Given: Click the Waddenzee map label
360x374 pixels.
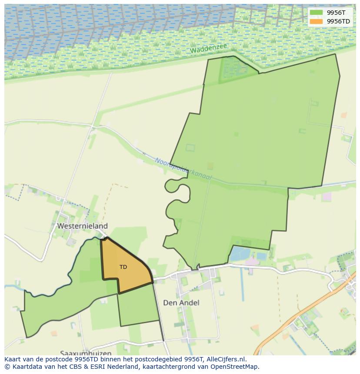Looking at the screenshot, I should click(x=209, y=48).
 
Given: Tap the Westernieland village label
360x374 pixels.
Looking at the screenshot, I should click(x=82, y=226).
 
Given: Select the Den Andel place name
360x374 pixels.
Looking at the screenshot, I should click(x=181, y=302).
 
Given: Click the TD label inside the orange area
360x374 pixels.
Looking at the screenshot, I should click(x=123, y=267).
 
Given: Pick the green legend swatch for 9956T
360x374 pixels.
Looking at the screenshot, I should click(x=316, y=13).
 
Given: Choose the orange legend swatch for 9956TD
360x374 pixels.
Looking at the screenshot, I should click(x=316, y=21).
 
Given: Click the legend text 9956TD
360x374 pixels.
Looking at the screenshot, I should click(x=338, y=21).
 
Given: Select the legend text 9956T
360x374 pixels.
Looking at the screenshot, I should click(x=336, y=13).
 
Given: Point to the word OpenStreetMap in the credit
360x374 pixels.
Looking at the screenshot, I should click(x=235, y=367).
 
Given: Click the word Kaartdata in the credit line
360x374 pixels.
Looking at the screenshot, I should click(x=26, y=367).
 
